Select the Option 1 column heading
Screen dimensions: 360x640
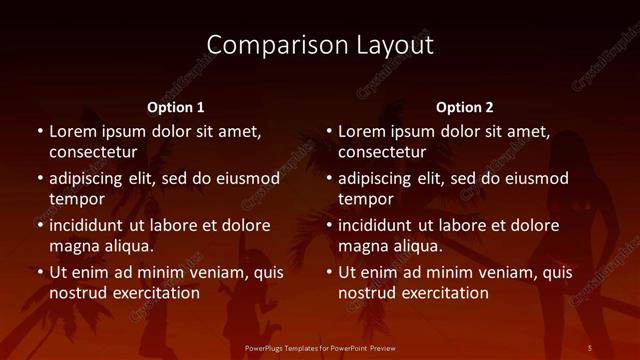tap(176, 107)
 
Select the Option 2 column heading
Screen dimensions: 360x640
tap(465, 107)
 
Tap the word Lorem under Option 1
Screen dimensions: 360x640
tap(73, 131)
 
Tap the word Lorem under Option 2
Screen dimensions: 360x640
tap(362, 131)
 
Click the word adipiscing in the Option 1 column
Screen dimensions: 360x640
tap(91, 179)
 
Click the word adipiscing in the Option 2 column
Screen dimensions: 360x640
tap(380, 179)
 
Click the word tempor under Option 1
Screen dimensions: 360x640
tap(75, 200)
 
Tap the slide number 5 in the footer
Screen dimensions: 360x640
tap(589, 348)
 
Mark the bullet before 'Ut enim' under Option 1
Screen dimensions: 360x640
tap(40, 272)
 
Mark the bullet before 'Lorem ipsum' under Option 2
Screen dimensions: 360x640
tap(329, 131)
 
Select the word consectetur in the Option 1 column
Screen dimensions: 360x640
tap(93, 152)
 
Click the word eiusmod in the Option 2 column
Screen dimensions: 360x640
tap(534, 179)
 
